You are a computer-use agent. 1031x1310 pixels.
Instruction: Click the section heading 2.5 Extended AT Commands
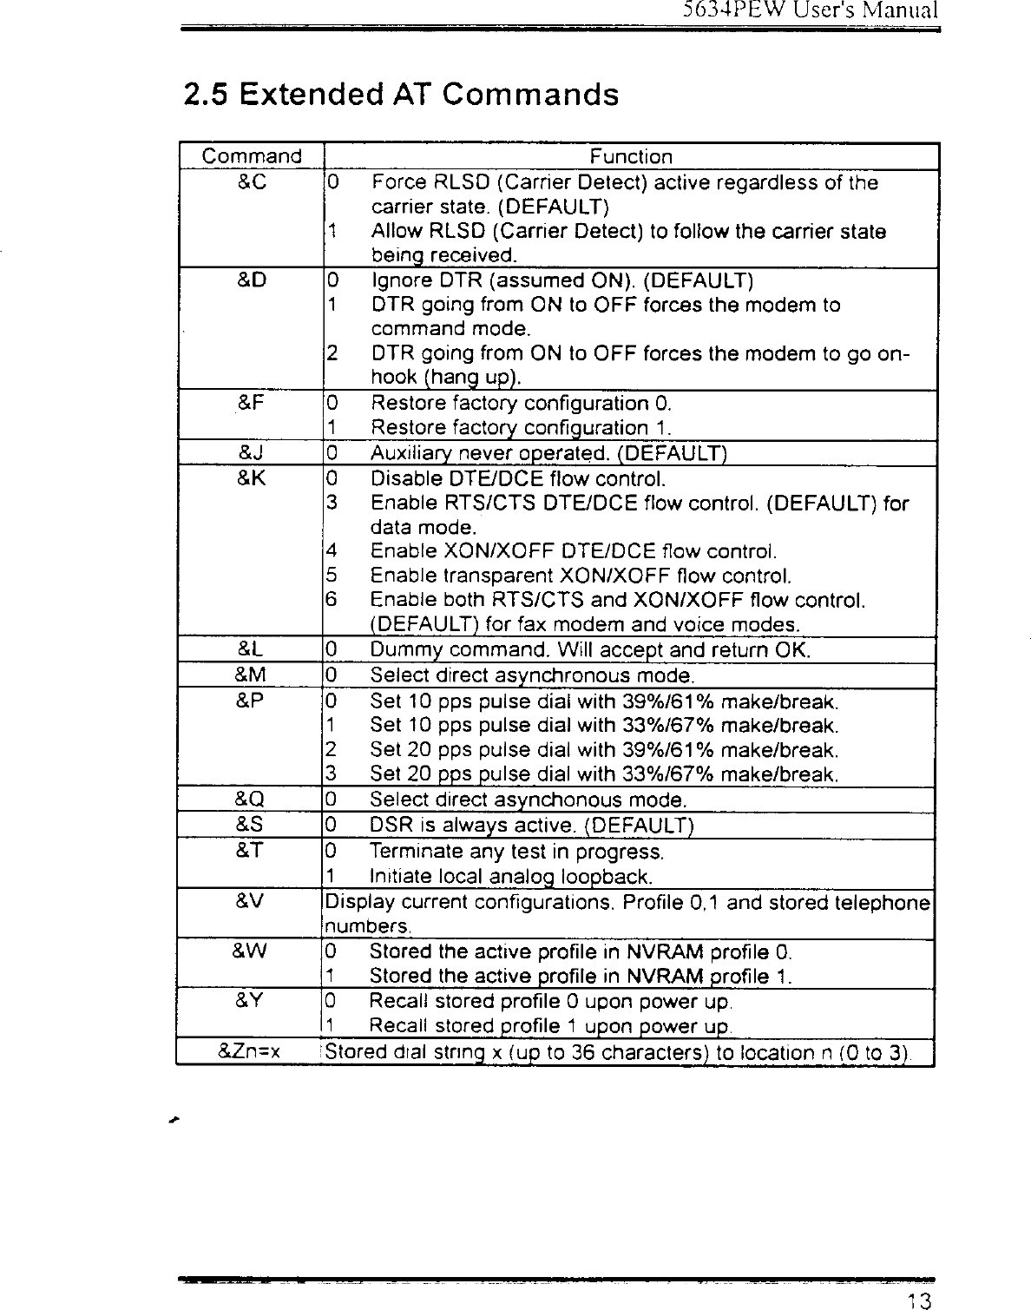(401, 94)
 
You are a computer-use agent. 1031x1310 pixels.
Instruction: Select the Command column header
(252, 156)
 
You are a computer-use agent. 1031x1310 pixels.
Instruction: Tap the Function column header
(631, 156)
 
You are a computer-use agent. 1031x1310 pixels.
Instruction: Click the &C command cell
(252, 183)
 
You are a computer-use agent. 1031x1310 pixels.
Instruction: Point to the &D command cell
(252, 280)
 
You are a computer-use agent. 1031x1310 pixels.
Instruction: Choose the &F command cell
(252, 403)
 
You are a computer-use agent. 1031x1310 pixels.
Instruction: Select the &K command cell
(252, 478)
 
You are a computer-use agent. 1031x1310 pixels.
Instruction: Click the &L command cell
(252, 649)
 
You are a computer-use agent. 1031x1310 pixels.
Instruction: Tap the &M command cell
(252, 675)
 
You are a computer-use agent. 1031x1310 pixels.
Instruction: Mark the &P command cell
(252, 700)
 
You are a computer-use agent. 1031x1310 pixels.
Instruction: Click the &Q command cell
(252, 799)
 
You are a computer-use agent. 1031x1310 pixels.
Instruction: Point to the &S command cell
(252, 824)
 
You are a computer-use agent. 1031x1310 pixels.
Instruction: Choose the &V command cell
(252, 901)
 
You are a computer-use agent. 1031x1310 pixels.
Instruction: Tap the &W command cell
(252, 951)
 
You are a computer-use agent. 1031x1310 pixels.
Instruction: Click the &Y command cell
(252, 1001)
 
